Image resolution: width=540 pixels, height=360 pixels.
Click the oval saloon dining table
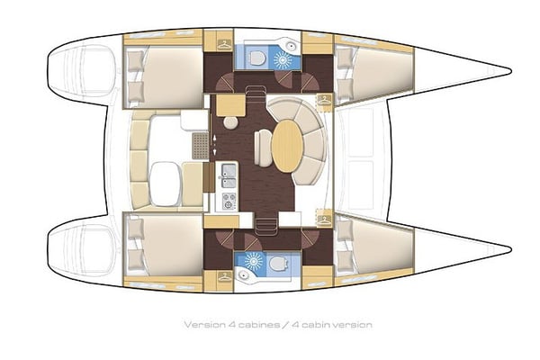286,147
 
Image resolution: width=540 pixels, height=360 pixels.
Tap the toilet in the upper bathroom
259,58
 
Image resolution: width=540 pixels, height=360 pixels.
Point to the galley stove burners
229,197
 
